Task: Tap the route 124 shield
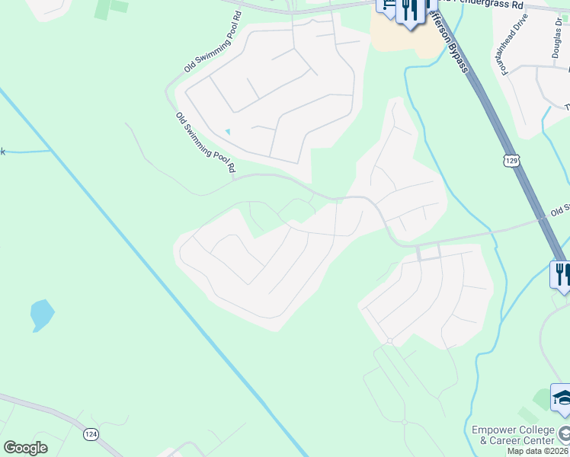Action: click(91, 434)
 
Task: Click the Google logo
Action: click(25, 448)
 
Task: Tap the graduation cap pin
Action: click(562, 398)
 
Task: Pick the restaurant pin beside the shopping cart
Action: click(410, 11)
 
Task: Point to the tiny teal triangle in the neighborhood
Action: click(227, 133)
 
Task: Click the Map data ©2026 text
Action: click(538, 451)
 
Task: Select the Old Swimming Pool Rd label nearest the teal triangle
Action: click(204, 143)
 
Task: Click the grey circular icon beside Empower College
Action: click(564, 435)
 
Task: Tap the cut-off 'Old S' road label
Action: click(560, 209)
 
